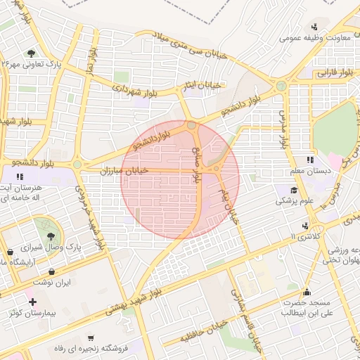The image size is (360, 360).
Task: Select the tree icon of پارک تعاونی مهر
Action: pos(31,53)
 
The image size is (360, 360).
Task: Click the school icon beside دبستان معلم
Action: pos(310,160)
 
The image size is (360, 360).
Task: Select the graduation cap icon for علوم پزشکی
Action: pos(293,190)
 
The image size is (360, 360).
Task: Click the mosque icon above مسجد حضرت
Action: pos(306,292)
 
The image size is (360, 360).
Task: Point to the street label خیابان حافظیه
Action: pos(204,330)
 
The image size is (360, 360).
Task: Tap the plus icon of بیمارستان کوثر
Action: pos(33,301)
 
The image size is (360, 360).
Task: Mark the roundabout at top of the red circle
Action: pos(192,127)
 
